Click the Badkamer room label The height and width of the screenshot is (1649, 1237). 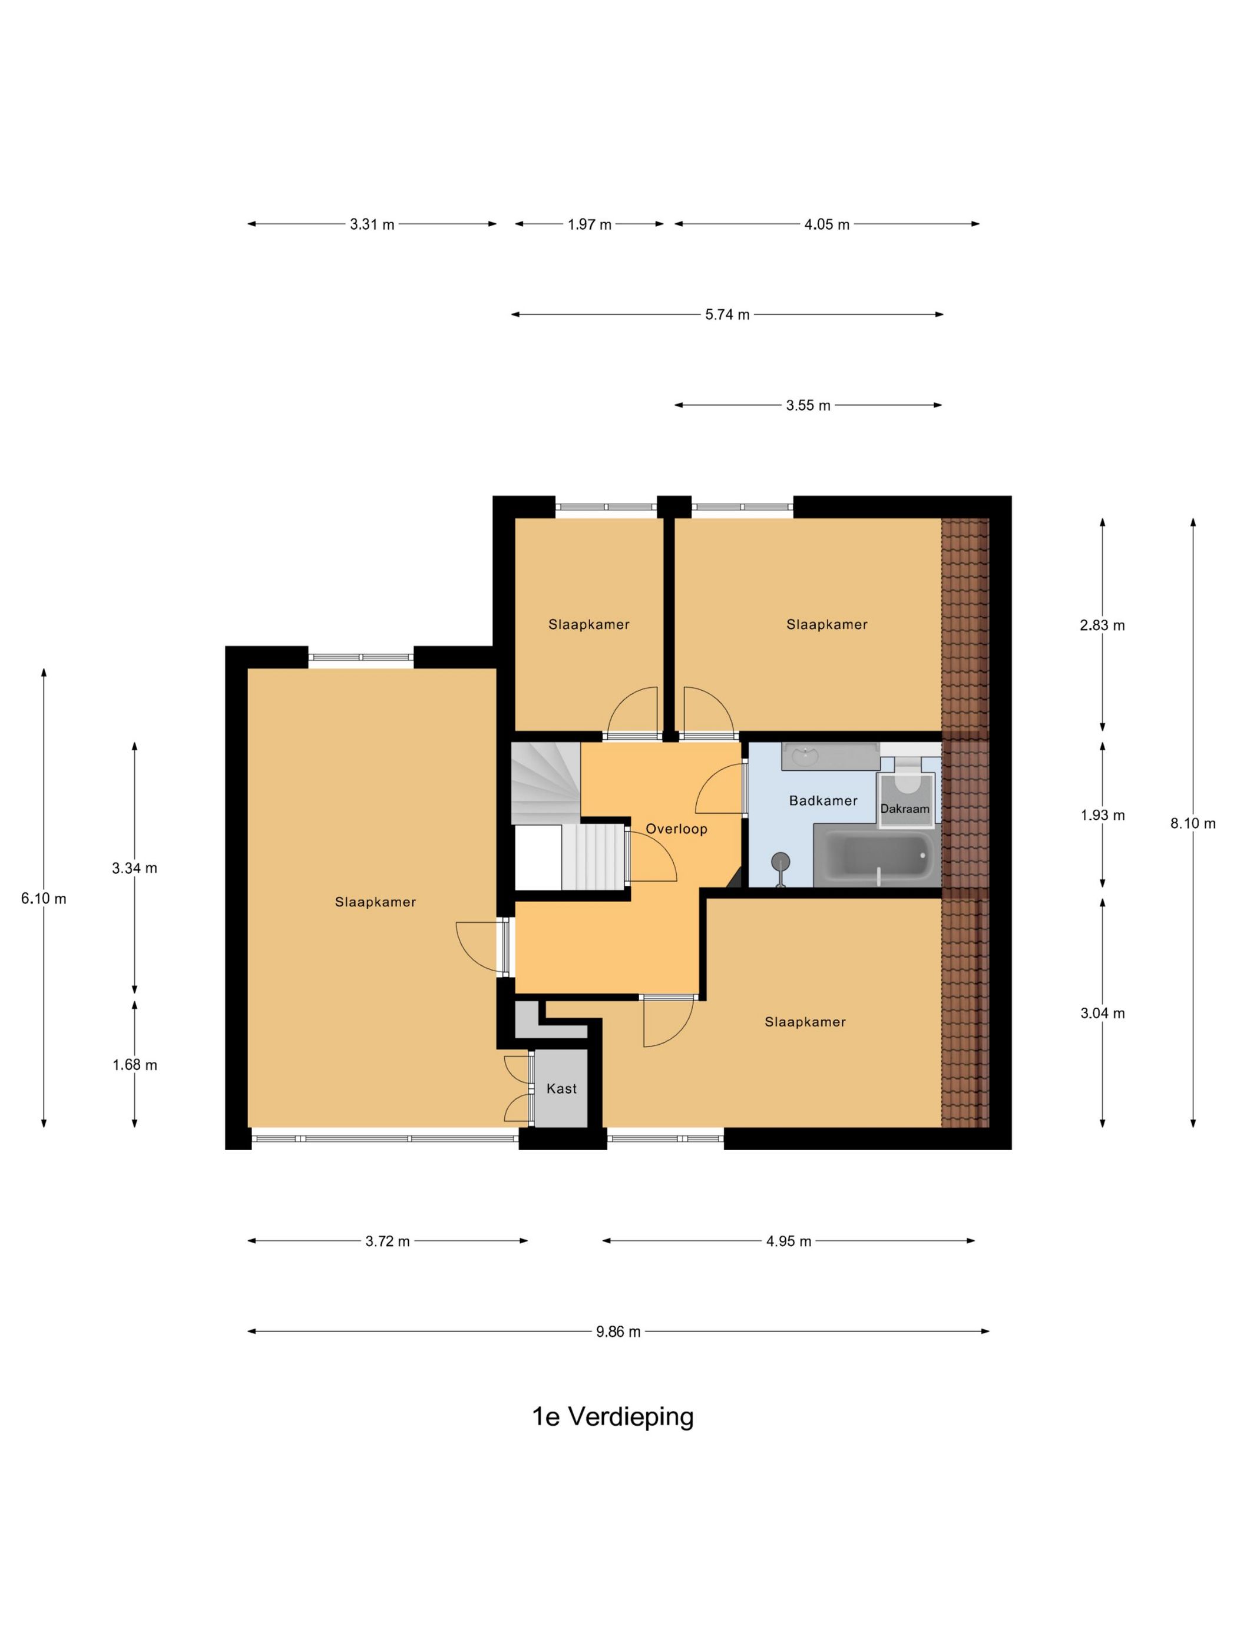(823, 800)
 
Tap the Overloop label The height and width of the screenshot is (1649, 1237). (676, 829)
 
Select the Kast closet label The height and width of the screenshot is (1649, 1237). (561, 1088)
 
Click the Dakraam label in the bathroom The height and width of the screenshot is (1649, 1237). (904, 809)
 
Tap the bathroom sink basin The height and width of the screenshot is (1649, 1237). (806, 757)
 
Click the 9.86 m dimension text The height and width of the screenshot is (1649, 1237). (618, 1332)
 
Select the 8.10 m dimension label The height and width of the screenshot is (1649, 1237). (1193, 824)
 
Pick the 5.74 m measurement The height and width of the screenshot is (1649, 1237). (727, 314)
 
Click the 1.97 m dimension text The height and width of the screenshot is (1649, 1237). (589, 224)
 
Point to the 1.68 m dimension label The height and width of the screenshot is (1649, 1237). (135, 1065)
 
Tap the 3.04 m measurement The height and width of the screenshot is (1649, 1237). (1103, 1013)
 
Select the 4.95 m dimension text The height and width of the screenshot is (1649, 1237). (789, 1241)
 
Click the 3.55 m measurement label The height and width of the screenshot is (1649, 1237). (808, 406)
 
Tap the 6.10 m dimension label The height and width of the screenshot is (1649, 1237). (44, 899)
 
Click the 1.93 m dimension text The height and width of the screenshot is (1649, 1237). (1103, 816)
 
